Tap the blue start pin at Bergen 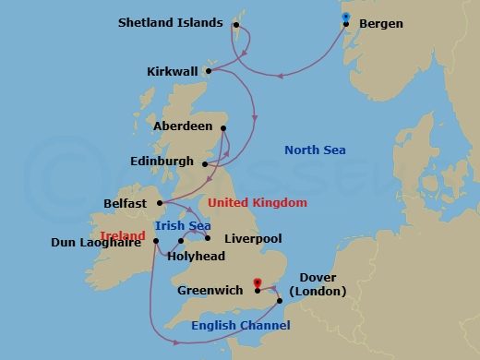(x=344, y=17)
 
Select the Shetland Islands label (x=184, y=22)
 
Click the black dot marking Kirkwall (x=210, y=70)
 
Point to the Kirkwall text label (x=174, y=71)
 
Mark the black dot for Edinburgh (x=205, y=165)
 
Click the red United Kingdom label (x=258, y=202)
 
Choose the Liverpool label (x=252, y=238)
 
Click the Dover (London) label (x=318, y=284)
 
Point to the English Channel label (x=240, y=325)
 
